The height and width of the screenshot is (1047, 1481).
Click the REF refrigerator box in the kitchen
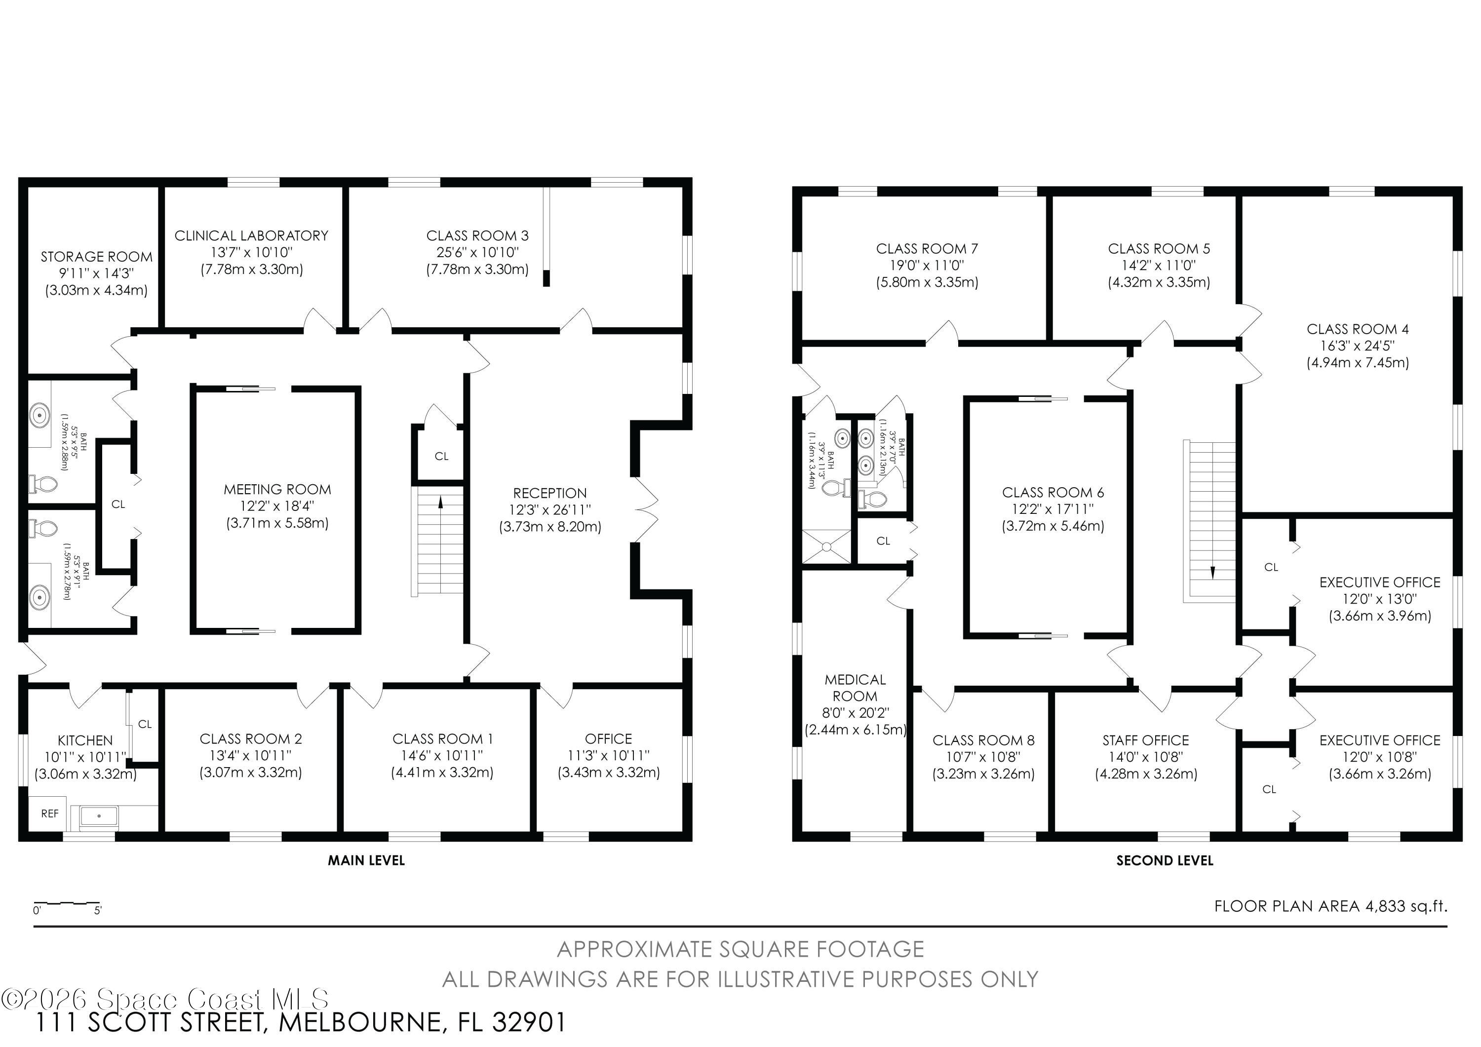point(50,814)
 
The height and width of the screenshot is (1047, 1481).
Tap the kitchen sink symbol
point(99,816)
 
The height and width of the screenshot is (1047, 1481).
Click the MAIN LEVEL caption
point(366,860)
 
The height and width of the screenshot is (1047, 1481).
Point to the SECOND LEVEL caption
point(1165,860)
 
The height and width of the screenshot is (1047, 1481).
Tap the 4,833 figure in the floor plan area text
point(1386,906)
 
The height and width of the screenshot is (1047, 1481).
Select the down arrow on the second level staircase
point(1212,572)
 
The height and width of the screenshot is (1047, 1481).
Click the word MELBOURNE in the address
point(362,1022)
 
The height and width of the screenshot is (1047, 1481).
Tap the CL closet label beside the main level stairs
point(441,457)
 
